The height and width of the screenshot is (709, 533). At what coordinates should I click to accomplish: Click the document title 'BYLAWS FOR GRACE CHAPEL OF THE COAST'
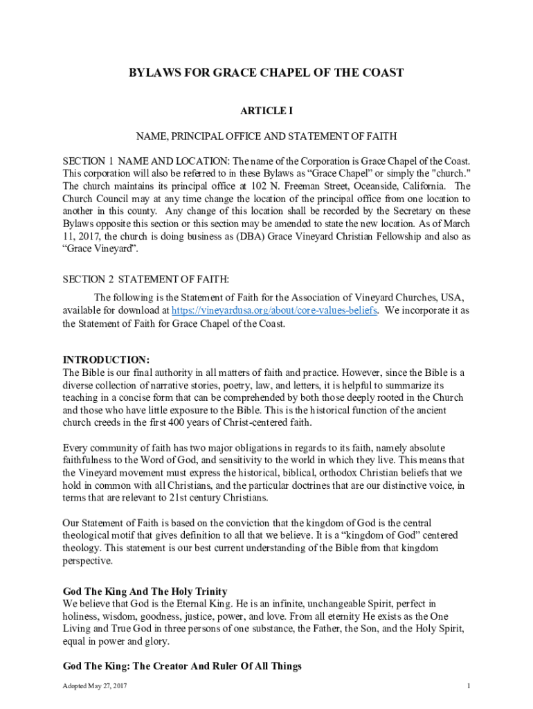pyautogui.click(x=266, y=73)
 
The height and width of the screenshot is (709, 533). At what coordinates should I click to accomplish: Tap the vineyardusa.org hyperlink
pyautogui.click(x=274, y=311)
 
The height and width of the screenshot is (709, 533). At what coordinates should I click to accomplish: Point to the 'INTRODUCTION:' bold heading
pyautogui.click(x=106, y=360)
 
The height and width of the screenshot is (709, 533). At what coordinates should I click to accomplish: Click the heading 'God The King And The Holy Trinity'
pyautogui.click(x=145, y=591)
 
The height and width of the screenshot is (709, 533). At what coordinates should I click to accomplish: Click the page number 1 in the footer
pyautogui.click(x=469, y=686)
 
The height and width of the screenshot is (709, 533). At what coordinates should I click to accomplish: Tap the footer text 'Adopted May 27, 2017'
pyautogui.click(x=95, y=686)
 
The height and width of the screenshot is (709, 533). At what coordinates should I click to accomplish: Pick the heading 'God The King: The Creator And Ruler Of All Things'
pyautogui.click(x=182, y=666)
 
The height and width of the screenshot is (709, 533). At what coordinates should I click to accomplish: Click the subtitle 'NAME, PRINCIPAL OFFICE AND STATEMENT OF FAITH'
pyautogui.click(x=266, y=136)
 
